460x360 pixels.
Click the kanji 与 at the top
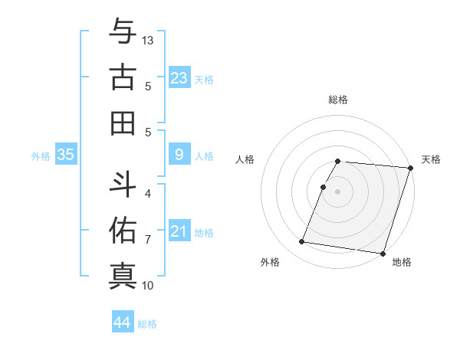[122, 32]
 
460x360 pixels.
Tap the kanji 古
[122, 77]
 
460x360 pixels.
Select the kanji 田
[122, 123]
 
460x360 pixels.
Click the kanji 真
[122, 275]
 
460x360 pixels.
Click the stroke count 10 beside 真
[149, 286]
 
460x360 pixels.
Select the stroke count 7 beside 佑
[148, 240]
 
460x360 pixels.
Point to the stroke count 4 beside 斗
[148, 194]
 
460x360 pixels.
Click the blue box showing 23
[179, 78]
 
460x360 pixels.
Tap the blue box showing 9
[179, 155]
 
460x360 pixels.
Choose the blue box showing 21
[179, 231]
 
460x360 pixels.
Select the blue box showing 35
[66, 155]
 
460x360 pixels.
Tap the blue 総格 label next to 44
[147, 324]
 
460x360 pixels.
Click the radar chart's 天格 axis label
[431, 159]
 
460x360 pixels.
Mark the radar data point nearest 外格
[302, 242]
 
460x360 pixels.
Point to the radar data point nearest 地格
[383, 253]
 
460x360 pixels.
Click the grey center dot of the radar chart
[338, 191]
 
